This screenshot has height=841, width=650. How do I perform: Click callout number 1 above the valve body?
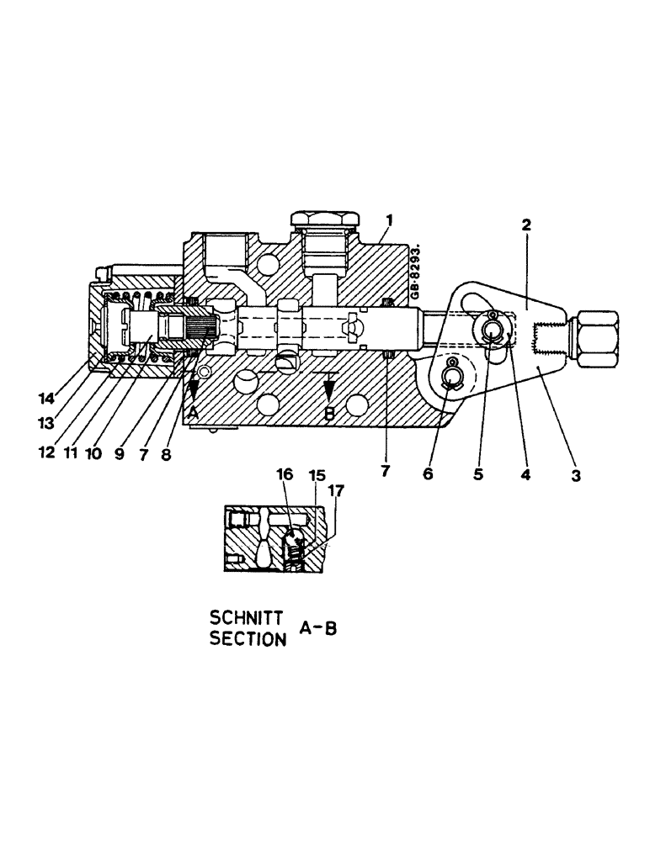(x=390, y=220)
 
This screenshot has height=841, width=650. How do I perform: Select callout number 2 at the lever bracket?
(x=525, y=225)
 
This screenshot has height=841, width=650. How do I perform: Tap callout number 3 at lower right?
(x=576, y=475)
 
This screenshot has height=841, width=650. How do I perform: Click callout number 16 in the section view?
(x=287, y=476)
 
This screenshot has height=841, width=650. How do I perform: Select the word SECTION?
(x=246, y=638)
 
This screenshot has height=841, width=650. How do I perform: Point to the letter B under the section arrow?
(x=329, y=413)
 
